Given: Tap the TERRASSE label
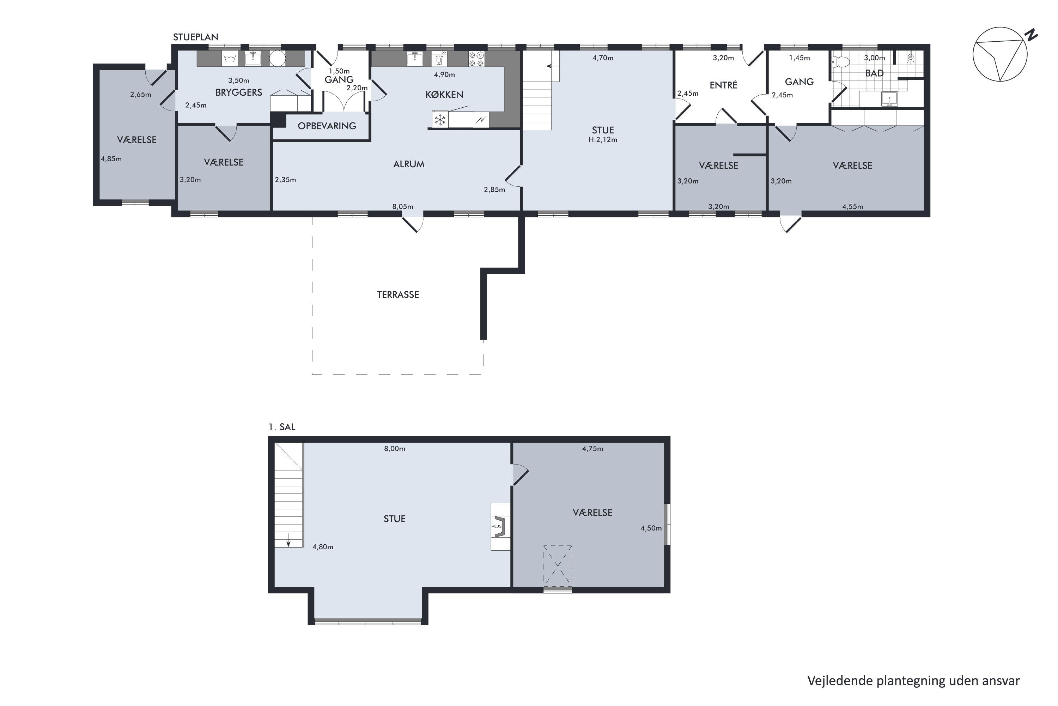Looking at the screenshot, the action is coord(398,295).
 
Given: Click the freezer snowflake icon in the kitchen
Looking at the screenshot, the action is coord(439,120).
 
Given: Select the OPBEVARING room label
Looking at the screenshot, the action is coord(327,126).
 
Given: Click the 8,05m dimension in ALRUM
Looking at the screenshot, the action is coord(403,207).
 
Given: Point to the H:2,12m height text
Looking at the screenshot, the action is coord(603,139).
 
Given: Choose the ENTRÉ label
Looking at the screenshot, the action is coord(723,85).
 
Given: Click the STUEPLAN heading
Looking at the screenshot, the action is coord(196,37).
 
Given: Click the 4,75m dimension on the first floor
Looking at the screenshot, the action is coord(592,448).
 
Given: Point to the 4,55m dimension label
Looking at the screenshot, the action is coord(853,207).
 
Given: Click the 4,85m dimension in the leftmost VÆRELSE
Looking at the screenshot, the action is coord(111,158).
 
